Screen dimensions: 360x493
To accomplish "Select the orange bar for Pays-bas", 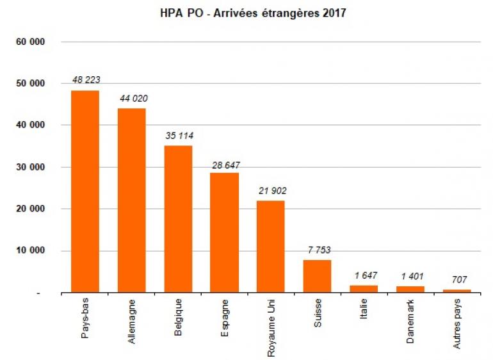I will point(85,192).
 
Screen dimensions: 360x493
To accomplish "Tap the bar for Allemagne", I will point(131,200).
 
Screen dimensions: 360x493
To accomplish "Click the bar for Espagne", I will point(225,233).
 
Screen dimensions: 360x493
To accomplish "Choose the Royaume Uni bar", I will point(271,247).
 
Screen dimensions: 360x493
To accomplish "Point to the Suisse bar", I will point(318,276).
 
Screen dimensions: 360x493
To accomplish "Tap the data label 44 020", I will point(132,98).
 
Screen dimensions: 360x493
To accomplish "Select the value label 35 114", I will point(179,135).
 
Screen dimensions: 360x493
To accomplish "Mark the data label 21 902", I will point(271,191).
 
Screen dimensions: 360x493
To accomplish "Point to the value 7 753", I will point(318,250).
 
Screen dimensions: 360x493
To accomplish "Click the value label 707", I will point(457,279).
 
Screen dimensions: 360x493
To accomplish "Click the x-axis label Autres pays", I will point(457,325).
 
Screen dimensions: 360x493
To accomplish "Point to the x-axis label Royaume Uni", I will point(271,327).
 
